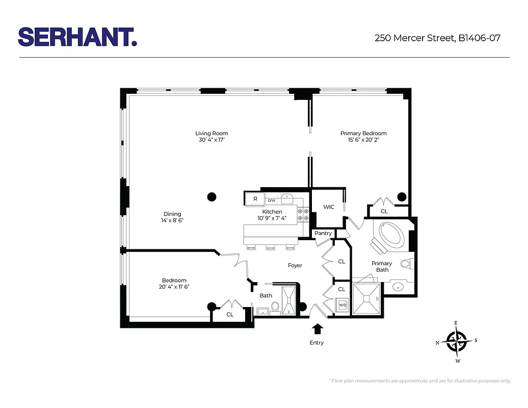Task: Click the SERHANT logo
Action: [x=77, y=37]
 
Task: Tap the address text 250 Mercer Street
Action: [x=414, y=38]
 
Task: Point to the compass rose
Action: [x=457, y=342]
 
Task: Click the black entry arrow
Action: [x=317, y=328]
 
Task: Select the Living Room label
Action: [x=212, y=134]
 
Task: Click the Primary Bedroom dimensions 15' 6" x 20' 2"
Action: [x=363, y=140]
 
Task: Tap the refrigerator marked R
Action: [x=255, y=198]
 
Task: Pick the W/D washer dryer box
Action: [x=342, y=305]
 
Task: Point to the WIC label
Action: [x=329, y=207]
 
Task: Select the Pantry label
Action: [x=323, y=234]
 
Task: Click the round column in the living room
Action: [x=212, y=196]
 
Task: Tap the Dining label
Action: [x=172, y=214]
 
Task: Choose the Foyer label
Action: [x=295, y=266]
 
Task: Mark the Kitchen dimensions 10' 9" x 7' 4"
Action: [x=272, y=218]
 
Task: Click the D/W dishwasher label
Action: [x=271, y=200]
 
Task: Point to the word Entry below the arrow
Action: [x=316, y=343]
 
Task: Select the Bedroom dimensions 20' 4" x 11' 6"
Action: [x=174, y=287]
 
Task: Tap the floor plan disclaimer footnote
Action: [x=419, y=381]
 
